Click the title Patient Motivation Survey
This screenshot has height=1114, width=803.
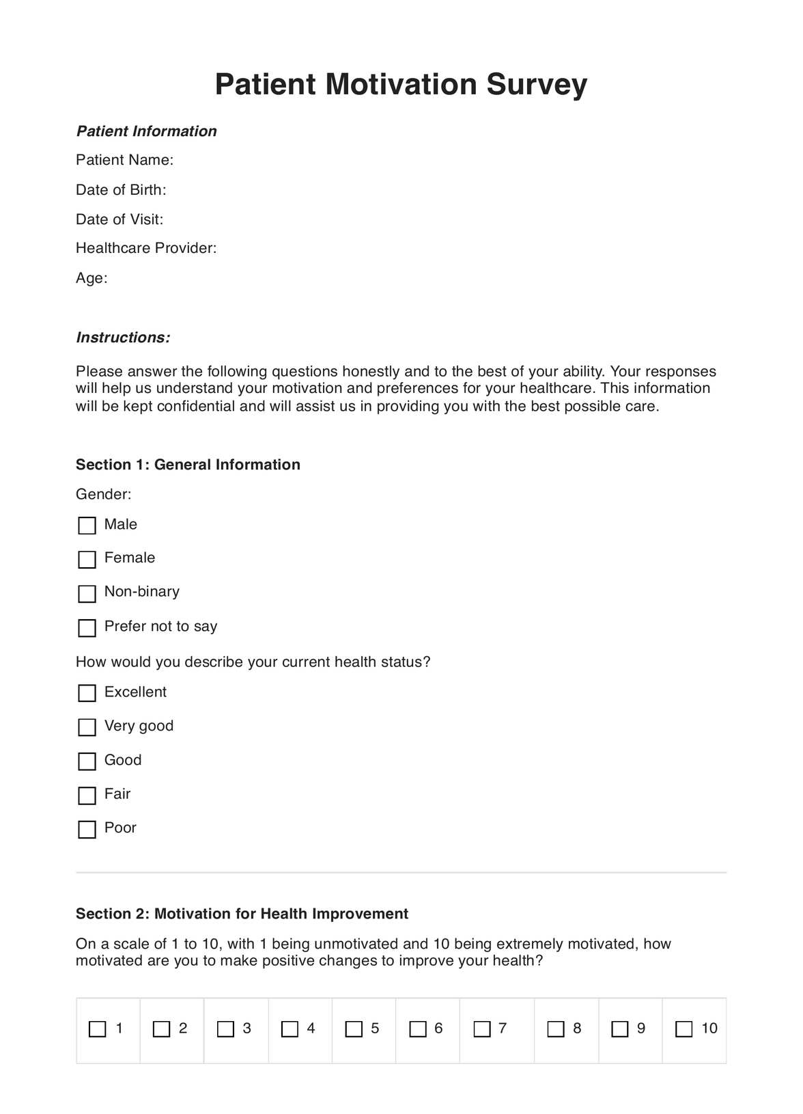(401, 85)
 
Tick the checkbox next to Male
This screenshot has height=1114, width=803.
(87, 526)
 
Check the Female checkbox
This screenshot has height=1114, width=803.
(87, 560)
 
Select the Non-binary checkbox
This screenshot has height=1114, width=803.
(87, 593)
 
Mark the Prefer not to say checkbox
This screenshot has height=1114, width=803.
(87, 627)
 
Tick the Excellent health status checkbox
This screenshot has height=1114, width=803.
(87, 693)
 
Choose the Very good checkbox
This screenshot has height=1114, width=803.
(87, 727)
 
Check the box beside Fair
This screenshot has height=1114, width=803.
(87, 795)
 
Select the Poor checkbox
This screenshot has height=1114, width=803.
(87, 829)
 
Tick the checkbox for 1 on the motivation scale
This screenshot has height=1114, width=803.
(98, 1029)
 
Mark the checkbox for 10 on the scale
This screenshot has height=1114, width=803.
(684, 1029)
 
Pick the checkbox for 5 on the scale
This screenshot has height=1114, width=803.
(354, 1029)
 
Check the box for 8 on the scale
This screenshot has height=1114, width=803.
(556, 1029)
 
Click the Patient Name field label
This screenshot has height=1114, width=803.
(124, 160)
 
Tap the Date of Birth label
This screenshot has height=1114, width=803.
(121, 190)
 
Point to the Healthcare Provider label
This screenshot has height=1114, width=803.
(146, 248)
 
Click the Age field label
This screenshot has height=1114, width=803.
(91, 278)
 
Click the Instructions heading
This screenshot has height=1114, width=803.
(123, 338)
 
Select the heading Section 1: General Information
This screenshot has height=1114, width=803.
(188, 465)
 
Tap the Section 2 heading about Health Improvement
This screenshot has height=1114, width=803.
(242, 914)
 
